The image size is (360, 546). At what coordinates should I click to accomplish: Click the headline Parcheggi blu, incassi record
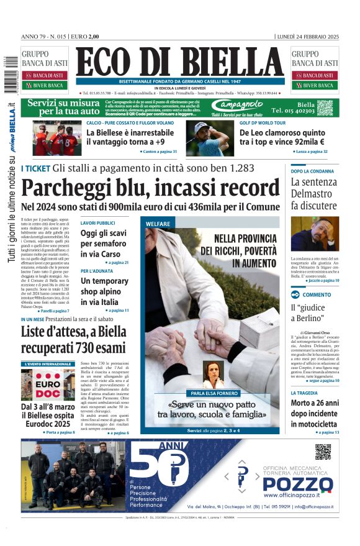(150, 188)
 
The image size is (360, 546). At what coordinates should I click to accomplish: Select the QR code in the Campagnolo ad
(325, 107)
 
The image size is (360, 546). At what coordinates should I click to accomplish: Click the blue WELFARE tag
(158, 223)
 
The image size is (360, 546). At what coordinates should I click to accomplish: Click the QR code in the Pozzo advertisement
(322, 452)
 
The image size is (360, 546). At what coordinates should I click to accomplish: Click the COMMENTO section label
(317, 294)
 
